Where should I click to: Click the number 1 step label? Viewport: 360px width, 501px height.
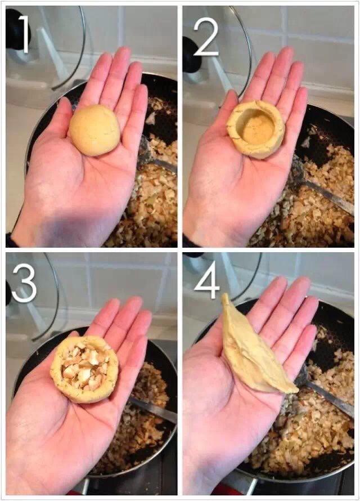(x=23, y=34)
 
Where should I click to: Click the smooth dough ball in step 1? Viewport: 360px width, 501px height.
(x=94, y=130)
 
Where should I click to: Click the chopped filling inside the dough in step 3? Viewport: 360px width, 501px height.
(x=84, y=369)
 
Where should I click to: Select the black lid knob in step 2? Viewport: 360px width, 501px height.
(x=191, y=54)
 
